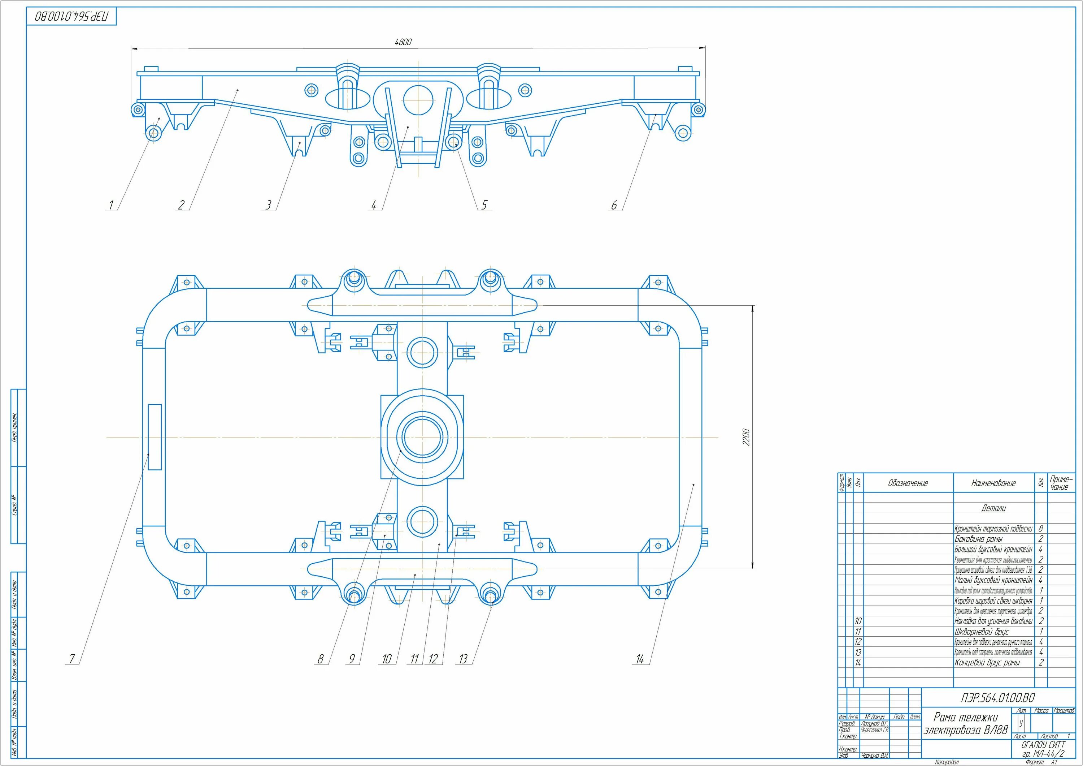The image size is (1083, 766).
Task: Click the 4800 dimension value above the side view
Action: [403, 42]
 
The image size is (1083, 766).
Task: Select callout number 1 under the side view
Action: [111, 205]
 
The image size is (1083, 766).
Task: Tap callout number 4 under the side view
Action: [374, 205]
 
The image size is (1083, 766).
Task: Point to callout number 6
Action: [614, 205]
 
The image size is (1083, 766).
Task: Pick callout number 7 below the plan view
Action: [72, 659]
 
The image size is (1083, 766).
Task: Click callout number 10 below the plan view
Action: [387, 659]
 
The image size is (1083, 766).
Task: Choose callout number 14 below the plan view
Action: [640, 659]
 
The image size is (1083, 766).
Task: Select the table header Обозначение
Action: [908, 483]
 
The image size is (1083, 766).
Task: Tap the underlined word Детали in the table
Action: [993, 508]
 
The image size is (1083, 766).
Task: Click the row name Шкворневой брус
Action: [982, 632]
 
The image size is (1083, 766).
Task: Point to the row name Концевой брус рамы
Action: [987, 663]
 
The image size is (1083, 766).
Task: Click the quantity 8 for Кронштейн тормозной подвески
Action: [1040, 529]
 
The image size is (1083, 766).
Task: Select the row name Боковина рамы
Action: [978, 539]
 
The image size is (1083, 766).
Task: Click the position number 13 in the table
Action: [858, 652]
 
